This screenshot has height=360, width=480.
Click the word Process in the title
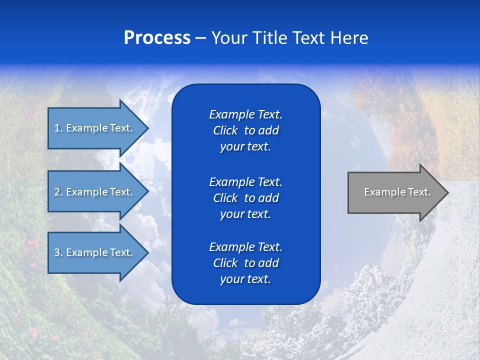tap(157, 38)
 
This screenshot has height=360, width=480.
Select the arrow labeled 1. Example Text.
tap(95, 128)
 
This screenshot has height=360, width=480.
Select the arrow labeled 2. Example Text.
tap(95, 192)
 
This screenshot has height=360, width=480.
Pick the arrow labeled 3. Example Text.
tap(95, 252)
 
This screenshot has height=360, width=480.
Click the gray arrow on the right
tap(395, 192)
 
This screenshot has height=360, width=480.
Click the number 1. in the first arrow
tap(58, 128)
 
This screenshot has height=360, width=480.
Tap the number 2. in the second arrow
tap(58, 192)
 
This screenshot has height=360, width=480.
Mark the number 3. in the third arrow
tap(58, 252)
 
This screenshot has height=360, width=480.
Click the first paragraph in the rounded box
tap(245, 130)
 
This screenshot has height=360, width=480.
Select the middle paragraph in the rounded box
tap(245, 198)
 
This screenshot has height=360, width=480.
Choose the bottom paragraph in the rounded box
tap(245, 263)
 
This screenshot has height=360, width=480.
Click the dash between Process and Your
tap(201, 38)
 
